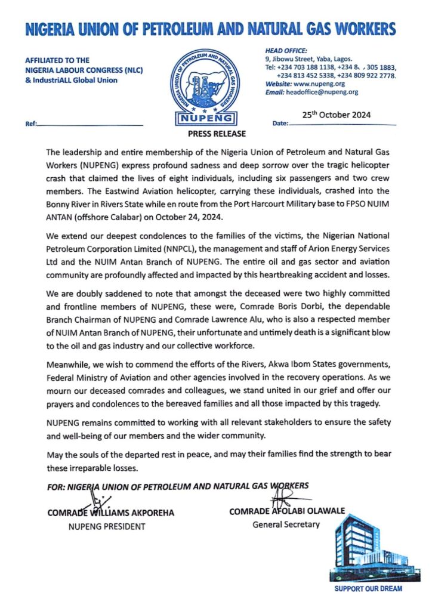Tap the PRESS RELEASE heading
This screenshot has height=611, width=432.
(216, 133)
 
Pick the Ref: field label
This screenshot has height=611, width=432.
(30, 124)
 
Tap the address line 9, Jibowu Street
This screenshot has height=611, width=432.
(308, 59)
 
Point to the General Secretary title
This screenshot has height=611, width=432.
(286, 524)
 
